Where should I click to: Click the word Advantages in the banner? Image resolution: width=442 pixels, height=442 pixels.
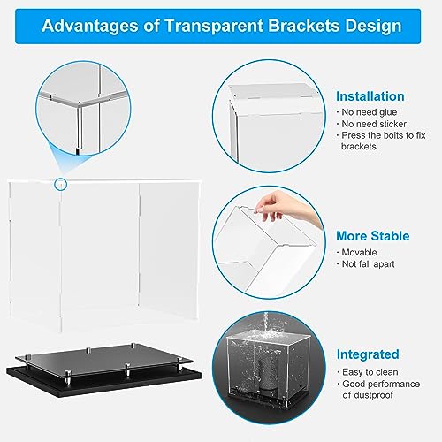pyautogui.click(x=90, y=26)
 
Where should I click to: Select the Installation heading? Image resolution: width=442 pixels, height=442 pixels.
pyautogui.click(x=370, y=96)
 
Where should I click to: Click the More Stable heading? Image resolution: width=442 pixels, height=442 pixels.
pyautogui.click(x=373, y=236)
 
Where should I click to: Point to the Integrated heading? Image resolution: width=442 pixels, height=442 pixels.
pyautogui.click(x=368, y=354)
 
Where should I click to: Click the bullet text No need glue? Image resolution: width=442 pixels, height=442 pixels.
pyautogui.click(x=370, y=112)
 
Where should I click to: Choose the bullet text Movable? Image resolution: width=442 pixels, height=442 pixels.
pyautogui.click(x=359, y=253)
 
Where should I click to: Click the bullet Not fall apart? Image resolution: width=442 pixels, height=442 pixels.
pyautogui.click(x=368, y=264)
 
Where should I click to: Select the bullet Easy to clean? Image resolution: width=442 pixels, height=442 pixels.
pyautogui.click(x=370, y=372)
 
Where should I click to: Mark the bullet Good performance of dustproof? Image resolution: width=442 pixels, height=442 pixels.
pyautogui.click(x=381, y=390)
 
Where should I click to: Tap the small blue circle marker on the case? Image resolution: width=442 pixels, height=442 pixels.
pyautogui.click(x=61, y=185)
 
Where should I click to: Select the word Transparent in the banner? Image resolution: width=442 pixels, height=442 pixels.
pyautogui.click(x=214, y=26)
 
